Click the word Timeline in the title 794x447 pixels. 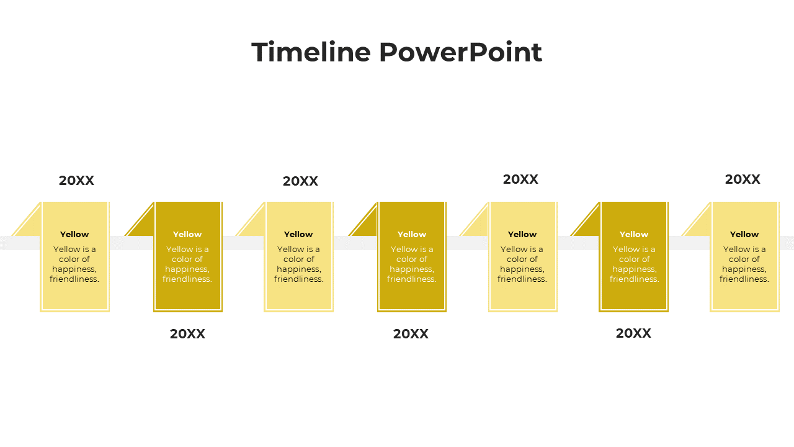(311, 52)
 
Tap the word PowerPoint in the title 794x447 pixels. (461, 52)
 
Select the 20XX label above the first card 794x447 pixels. (76, 181)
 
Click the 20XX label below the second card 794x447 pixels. (187, 334)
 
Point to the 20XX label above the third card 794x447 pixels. (300, 181)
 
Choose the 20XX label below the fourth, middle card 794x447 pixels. (411, 334)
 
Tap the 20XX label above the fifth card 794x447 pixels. (520, 179)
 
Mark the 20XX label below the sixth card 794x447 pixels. (633, 333)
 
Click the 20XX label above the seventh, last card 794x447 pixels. (743, 179)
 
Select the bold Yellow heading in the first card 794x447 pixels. (74, 235)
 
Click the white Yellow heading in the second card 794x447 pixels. (187, 235)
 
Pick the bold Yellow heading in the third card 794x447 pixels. (298, 235)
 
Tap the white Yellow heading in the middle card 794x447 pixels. (412, 235)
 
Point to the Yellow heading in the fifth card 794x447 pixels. (522, 235)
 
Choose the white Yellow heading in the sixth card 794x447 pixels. (634, 235)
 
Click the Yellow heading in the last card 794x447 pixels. (744, 235)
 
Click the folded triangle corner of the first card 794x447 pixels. (31, 225)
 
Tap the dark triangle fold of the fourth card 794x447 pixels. (368, 225)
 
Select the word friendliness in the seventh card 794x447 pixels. (744, 279)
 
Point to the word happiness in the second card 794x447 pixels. (187, 269)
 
